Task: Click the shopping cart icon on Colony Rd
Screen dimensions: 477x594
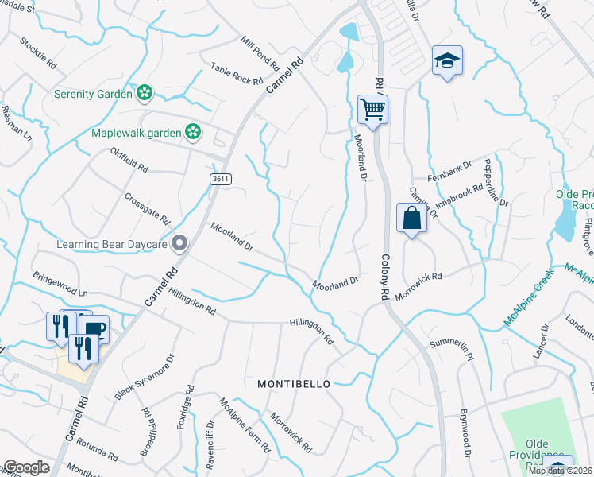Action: click(372, 109)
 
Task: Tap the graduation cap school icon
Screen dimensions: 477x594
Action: click(447, 60)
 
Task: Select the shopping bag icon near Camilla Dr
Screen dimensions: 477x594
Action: click(411, 219)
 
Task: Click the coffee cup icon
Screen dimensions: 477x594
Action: click(94, 328)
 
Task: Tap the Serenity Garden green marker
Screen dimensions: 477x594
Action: click(144, 94)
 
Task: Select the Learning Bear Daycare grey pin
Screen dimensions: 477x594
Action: click(179, 243)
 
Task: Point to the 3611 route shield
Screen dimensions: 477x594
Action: click(221, 180)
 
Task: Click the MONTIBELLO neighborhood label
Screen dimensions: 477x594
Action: click(293, 384)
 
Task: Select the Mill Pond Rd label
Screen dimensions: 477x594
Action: click(260, 52)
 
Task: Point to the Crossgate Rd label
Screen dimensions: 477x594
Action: click(148, 207)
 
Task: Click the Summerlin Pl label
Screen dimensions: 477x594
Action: click(451, 349)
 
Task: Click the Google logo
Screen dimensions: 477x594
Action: click(26, 467)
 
